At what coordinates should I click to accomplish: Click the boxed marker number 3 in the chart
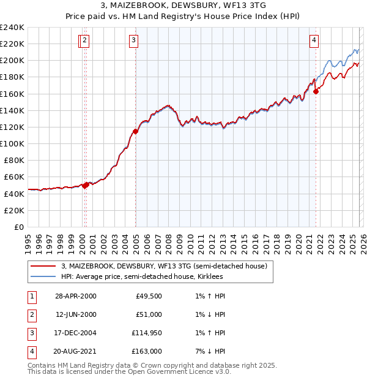[133, 41]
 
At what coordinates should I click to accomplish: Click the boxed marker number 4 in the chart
[314, 41]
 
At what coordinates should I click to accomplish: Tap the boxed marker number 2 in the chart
[84, 41]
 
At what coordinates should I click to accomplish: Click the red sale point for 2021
[316, 91]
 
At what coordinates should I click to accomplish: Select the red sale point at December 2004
[135, 131]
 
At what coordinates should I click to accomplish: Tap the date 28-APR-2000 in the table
[76, 296]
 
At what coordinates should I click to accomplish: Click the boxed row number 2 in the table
[31, 314]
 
